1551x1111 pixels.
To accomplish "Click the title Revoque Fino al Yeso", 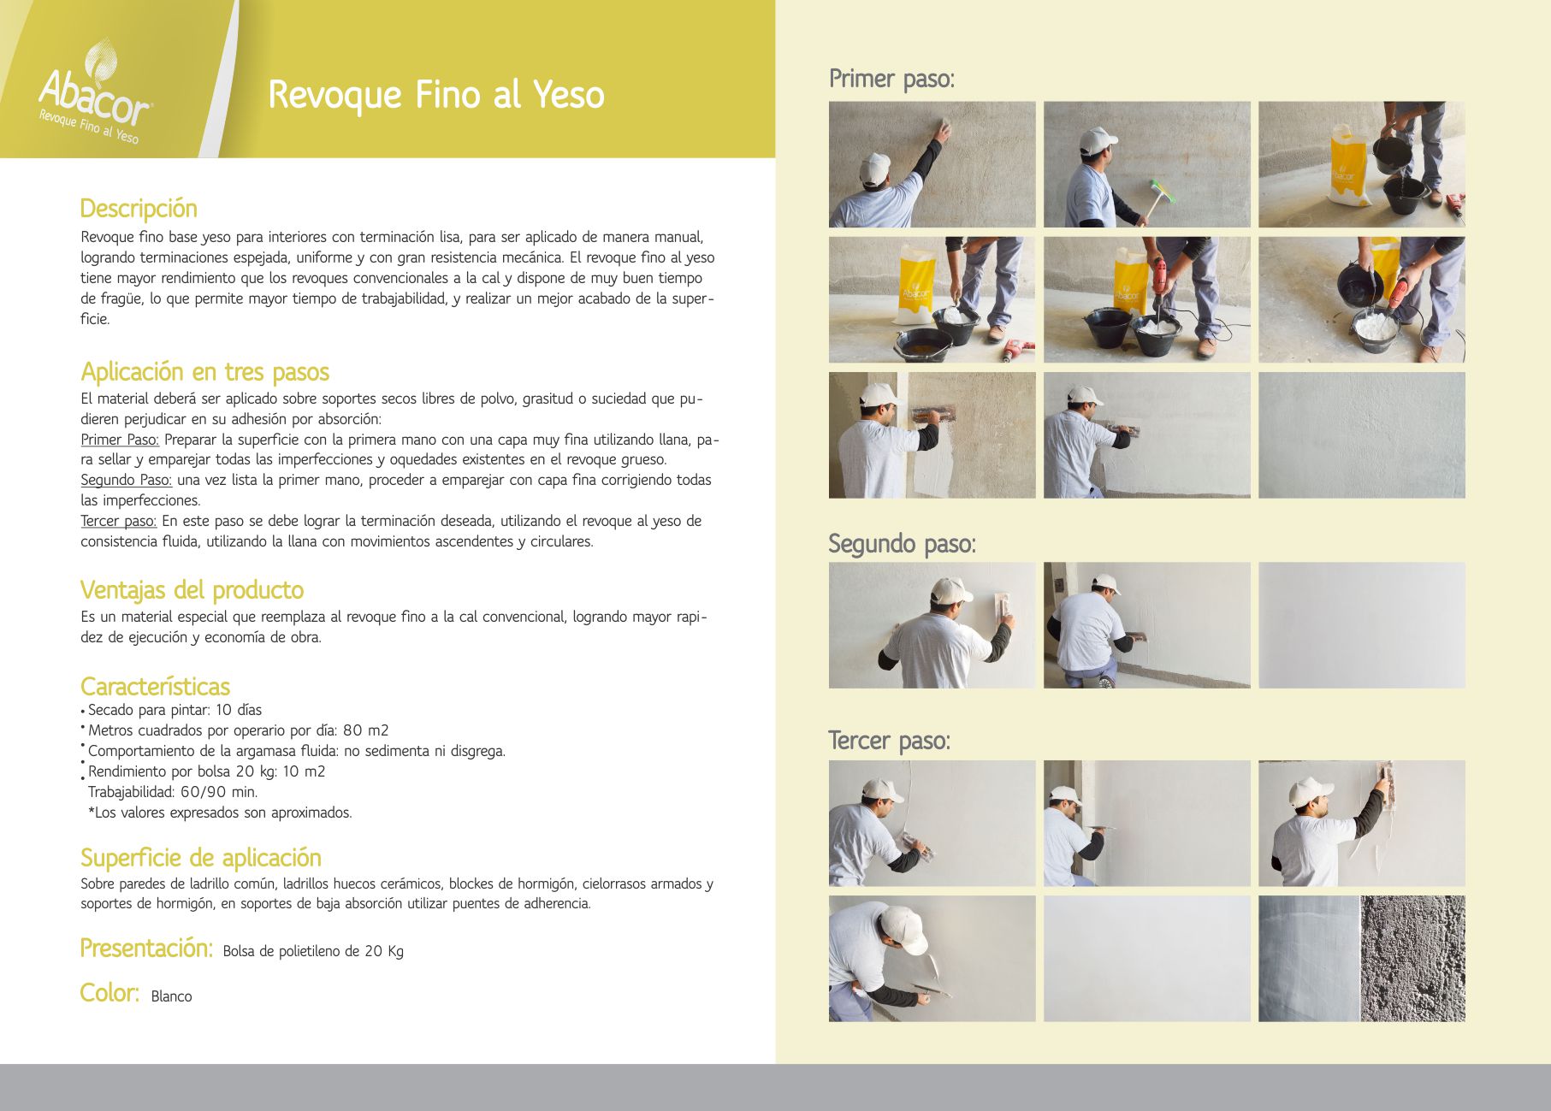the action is pos(436,94).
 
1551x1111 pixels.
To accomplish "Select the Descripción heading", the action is pos(139,210).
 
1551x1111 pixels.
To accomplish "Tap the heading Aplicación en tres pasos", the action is pos(204,372).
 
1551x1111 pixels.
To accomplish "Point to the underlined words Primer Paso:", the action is pos(120,440).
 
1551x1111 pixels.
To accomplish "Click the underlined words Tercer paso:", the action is pos(119,521).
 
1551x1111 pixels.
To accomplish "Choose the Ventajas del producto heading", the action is pos(192,590).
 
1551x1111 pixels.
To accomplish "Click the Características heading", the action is pos(155,687).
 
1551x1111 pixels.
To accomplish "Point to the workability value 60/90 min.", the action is pos(218,792).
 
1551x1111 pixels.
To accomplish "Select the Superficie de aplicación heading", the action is pos(201,858).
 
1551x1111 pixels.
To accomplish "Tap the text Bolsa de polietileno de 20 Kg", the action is pos(313,951).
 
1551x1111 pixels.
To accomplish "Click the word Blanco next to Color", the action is pos(171,996).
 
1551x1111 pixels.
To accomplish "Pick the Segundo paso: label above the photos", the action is pos(902,544).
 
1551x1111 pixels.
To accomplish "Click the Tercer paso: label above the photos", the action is pos(889,741).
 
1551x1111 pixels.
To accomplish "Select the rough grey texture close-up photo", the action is pos(1412,959).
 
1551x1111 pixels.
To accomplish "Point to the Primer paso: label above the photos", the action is pos(891,79).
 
